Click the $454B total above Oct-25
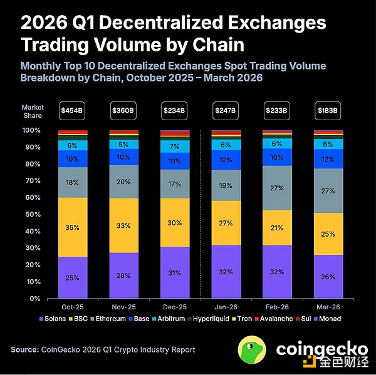click(71, 111)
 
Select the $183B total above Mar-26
click(328, 111)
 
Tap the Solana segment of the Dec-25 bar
click(174, 272)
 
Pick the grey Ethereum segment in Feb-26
click(277, 188)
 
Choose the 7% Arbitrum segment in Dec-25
click(174, 146)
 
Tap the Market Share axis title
click(32, 111)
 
